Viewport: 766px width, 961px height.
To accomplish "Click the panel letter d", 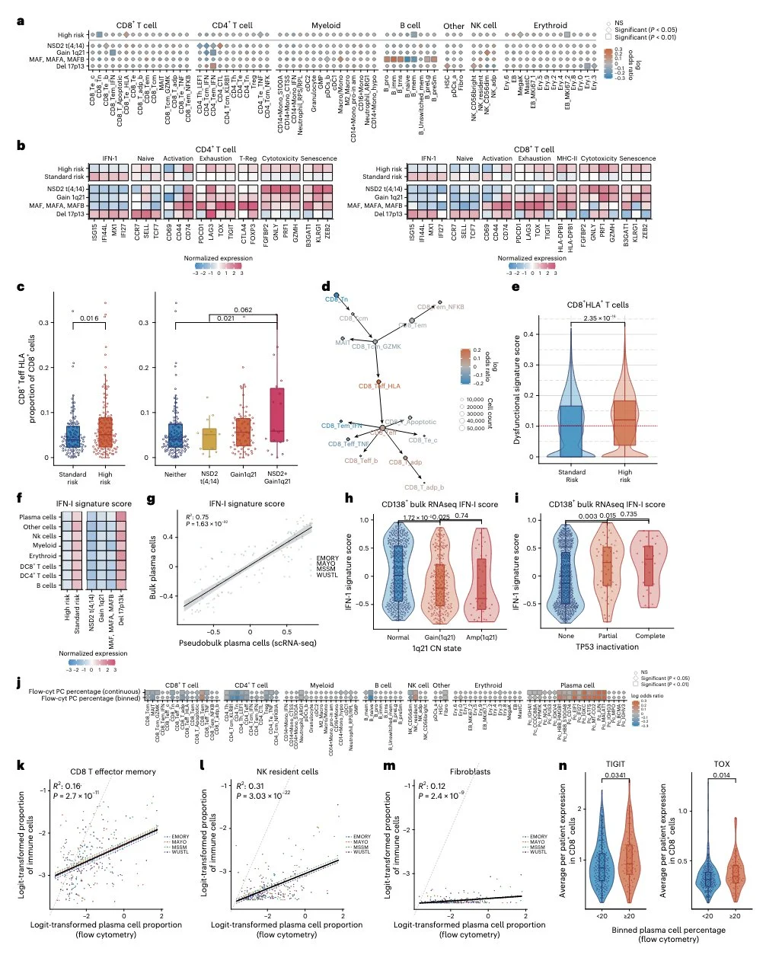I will click(326, 287).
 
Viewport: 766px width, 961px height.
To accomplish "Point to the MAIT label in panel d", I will click(342, 343).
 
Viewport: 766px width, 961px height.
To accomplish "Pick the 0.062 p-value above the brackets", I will click(244, 310).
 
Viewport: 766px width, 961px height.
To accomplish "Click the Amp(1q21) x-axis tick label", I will click(481, 636).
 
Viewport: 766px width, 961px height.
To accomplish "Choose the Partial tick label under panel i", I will click(608, 636).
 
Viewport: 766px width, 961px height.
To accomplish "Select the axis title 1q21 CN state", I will click(438, 650).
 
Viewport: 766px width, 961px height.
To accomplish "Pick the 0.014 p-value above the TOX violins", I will click(720, 777).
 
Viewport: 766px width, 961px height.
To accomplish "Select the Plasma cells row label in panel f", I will click(37, 517).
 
